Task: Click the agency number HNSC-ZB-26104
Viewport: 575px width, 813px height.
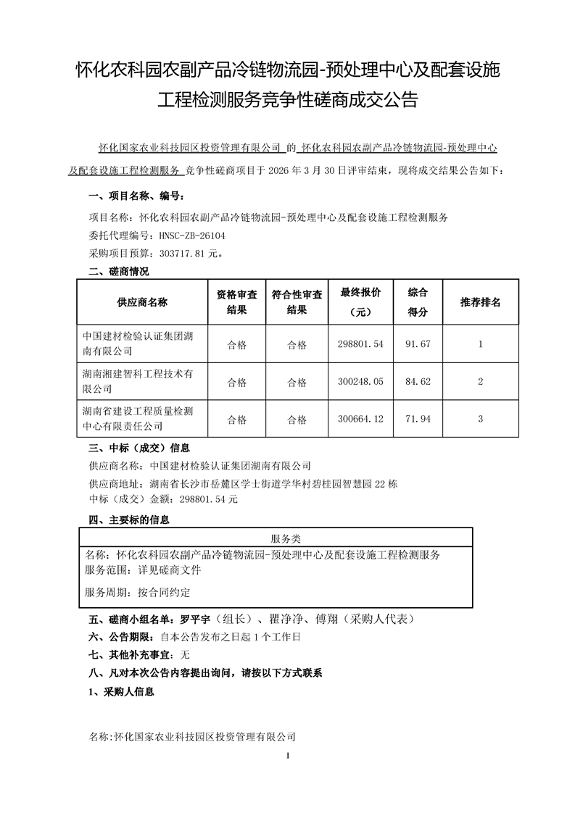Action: (x=187, y=235)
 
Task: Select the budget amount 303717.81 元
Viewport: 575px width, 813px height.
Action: (x=184, y=254)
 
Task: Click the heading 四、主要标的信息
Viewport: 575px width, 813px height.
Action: (x=128, y=520)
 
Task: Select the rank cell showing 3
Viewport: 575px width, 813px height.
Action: (x=480, y=419)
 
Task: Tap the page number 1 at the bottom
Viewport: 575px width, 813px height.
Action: (x=289, y=756)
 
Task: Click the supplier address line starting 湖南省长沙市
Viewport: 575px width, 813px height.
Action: (x=271, y=483)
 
